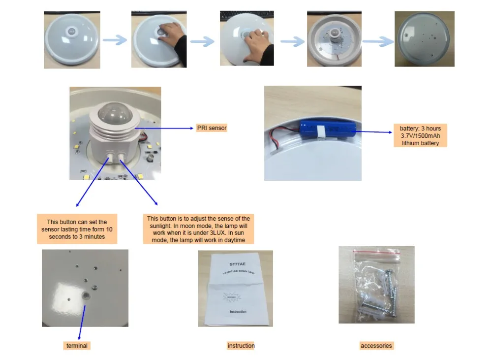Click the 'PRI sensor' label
211,128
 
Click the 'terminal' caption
77,346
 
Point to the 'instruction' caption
241,346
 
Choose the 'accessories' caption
376,346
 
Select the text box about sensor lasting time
77,229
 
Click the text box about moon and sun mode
198,229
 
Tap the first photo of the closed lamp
72,39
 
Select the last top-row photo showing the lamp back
424,39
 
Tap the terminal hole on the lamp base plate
86,295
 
